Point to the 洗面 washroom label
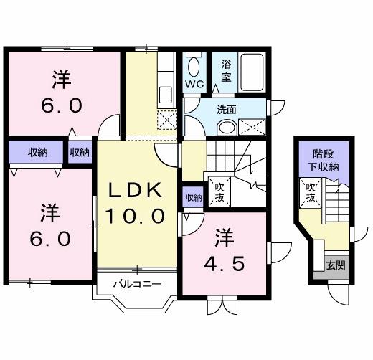pos(227,110)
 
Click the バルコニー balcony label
pos(136,284)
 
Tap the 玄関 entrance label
pos(336,265)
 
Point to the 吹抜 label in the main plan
pos(219,191)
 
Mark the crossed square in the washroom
pos(252,127)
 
